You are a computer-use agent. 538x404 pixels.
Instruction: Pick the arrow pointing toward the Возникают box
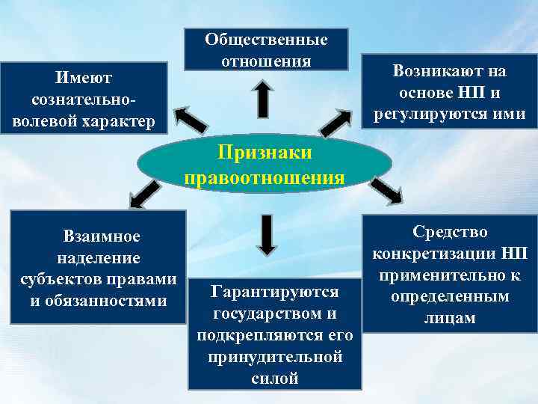(336, 120)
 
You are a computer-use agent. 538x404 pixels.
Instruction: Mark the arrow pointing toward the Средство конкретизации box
(386, 191)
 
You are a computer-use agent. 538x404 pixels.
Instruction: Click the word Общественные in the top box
(266, 38)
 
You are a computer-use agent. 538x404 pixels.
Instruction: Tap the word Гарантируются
(275, 291)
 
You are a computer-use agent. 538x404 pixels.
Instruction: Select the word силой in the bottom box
(275, 378)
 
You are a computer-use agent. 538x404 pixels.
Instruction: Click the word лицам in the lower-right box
(449, 317)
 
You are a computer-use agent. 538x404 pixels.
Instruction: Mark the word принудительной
(275, 356)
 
